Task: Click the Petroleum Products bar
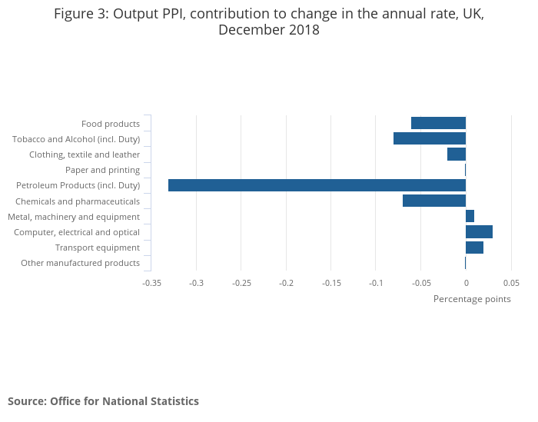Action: (x=317, y=185)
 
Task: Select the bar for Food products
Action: (x=438, y=123)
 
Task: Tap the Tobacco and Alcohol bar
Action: (x=430, y=138)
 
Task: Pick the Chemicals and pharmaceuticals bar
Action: (x=434, y=201)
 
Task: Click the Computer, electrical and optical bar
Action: (x=479, y=232)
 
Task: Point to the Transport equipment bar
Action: (x=474, y=248)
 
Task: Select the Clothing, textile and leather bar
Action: (x=457, y=154)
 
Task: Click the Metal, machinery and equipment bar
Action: (x=470, y=216)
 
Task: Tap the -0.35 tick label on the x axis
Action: (x=151, y=283)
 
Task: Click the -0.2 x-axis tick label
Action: (x=287, y=283)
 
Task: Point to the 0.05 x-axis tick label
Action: (x=510, y=283)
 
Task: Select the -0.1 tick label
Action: (x=376, y=283)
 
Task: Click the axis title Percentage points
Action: (x=472, y=299)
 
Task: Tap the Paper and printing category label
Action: (x=102, y=170)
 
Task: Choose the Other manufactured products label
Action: (x=80, y=263)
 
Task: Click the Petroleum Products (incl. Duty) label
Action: (x=78, y=185)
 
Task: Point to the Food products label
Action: (x=111, y=124)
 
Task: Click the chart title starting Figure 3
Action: (x=269, y=22)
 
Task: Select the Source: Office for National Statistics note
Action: (x=103, y=401)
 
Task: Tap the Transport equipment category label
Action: (x=98, y=248)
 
